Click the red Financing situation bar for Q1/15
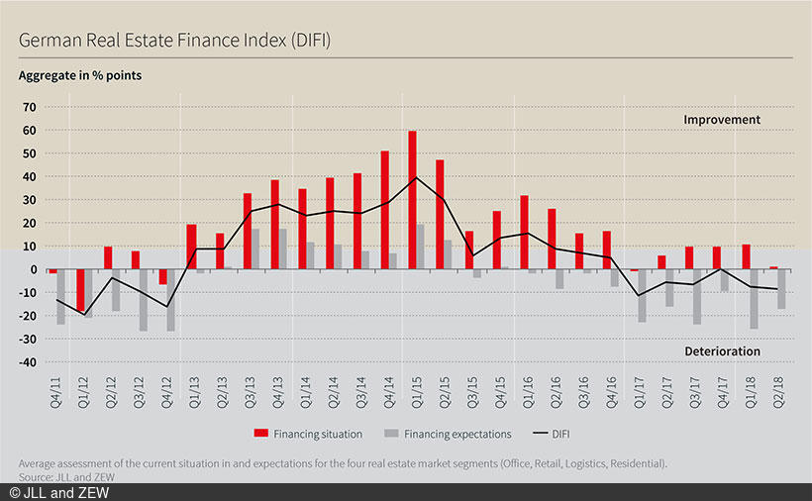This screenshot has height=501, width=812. click(x=412, y=200)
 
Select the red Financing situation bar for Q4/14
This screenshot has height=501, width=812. click(x=384, y=210)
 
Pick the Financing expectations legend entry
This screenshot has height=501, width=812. click(x=456, y=433)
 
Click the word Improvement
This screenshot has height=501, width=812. click(x=722, y=120)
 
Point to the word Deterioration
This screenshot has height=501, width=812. click(x=722, y=351)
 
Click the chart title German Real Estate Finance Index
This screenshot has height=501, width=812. click(x=173, y=41)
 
